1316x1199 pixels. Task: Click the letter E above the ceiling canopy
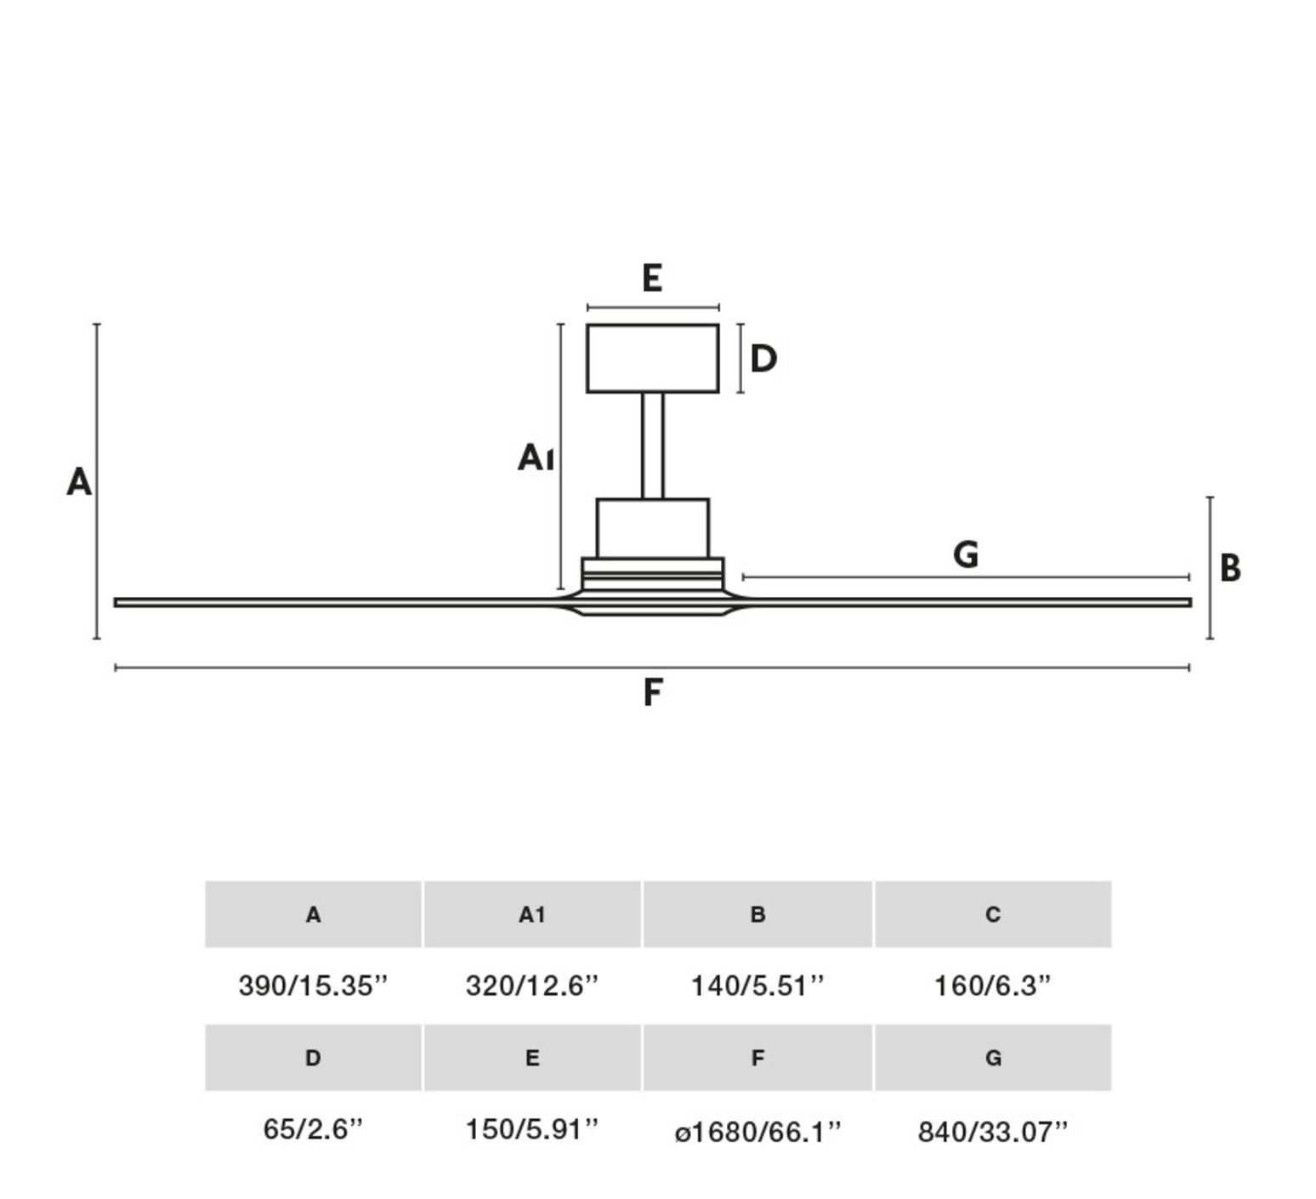point(652,279)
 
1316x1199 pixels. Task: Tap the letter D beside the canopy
point(763,359)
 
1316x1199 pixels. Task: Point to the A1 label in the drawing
point(536,457)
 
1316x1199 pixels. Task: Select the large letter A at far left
point(79,482)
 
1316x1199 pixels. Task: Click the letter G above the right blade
point(966,555)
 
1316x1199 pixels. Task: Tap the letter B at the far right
point(1229,568)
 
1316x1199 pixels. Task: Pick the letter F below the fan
point(652,692)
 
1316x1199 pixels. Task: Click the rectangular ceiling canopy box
point(652,358)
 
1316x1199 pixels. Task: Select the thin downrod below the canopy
point(652,446)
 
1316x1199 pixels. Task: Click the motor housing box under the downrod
point(652,528)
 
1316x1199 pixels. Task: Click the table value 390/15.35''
point(313,986)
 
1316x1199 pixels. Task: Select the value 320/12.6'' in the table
point(532,986)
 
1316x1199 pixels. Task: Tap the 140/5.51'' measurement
point(757,986)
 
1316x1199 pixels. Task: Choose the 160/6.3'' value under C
point(992,986)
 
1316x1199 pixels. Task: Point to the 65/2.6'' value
point(313,1129)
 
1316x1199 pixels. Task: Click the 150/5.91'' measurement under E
point(532,1129)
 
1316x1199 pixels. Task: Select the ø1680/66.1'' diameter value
point(757,1132)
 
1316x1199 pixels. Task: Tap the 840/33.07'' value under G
point(992,1132)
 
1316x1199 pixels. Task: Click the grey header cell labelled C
point(992,914)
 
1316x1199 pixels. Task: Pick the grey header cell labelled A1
point(532,914)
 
